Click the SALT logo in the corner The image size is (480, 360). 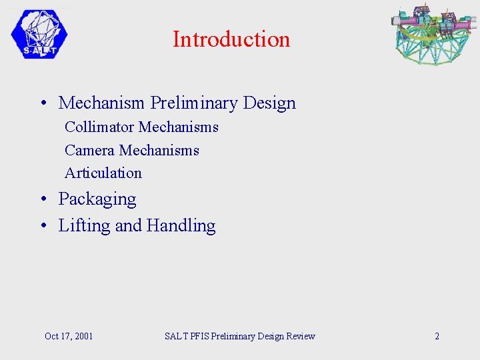[39, 35]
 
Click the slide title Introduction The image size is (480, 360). [231, 39]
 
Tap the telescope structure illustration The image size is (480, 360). [433, 34]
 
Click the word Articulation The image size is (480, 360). [103, 173]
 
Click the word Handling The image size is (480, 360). [181, 226]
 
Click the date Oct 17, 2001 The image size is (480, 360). [69, 336]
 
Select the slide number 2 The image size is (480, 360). [437, 336]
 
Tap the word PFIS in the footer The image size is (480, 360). [199, 336]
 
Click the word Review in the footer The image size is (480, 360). [300, 336]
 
